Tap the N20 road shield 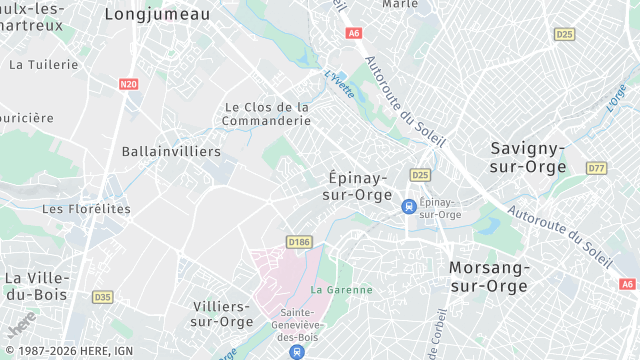pyautogui.click(x=128, y=84)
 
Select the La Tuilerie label pyautogui.click(x=43, y=64)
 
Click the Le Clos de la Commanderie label pyautogui.click(x=268, y=114)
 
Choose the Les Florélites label pyautogui.click(x=86, y=209)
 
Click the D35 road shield pyautogui.click(x=102, y=297)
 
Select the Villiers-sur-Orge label pyautogui.click(x=222, y=313)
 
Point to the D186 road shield pyautogui.click(x=299, y=242)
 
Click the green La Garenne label pyautogui.click(x=341, y=290)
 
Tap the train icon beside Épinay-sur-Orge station pyautogui.click(x=408, y=206)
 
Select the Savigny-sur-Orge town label pyautogui.click(x=529, y=157)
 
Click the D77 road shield pyautogui.click(x=597, y=168)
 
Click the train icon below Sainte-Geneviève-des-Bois pyautogui.click(x=296, y=351)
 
